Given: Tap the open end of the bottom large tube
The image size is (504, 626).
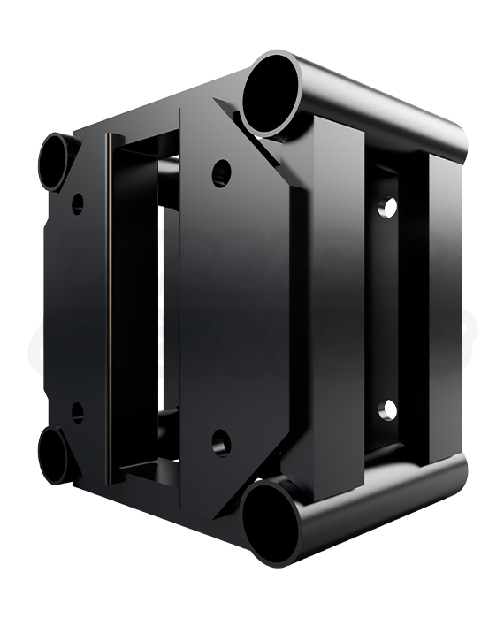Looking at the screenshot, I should pyautogui.click(x=271, y=522).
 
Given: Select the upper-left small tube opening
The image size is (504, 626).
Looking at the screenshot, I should pyautogui.click(x=55, y=161).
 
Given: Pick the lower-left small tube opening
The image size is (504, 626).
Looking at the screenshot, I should pyautogui.click(x=55, y=454).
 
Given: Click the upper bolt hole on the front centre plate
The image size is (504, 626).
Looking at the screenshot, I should pyautogui.click(x=221, y=172).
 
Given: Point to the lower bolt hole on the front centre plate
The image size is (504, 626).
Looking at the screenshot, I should pyautogui.click(x=221, y=442).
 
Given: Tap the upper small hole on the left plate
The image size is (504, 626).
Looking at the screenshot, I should pyautogui.click(x=78, y=203).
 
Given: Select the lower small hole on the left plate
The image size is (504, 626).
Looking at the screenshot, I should pyautogui.click(x=78, y=412).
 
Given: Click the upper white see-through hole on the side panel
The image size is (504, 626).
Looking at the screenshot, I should pyautogui.click(x=387, y=208).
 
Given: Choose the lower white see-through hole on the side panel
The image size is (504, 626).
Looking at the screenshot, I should pyautogui.click(x=387, y=409).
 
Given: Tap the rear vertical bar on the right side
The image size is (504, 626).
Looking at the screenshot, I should pyautogui.click(x=437, y=309).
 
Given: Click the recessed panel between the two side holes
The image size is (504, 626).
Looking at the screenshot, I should pyautogui.click(x=386, y=309).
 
